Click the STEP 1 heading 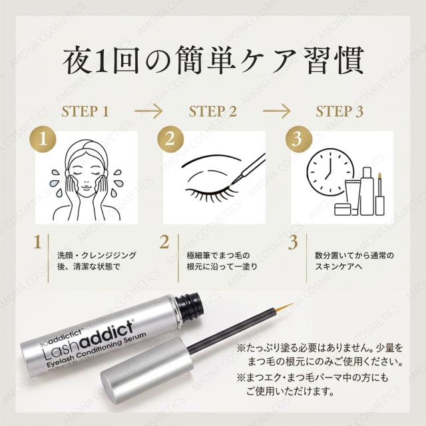pyautogui.click(x=85, y=111)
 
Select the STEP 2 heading pyautogui.click(x=213, y=111)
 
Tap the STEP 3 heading pyautogui.click(x=339, y=111)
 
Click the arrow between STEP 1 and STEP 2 pyautogui.click(x=148, y=111)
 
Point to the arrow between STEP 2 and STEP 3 pyautogui.click(x=276, y=111)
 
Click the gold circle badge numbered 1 pyautogui.click(x=43, y=139)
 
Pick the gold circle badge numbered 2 pyautogui.click(x=170, y=139)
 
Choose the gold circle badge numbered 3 pyautogui.click(x=298, y=139)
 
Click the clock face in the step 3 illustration pyautogui.click(x=330, y=172)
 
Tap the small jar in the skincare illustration pyautogui.click(x=343, y=210)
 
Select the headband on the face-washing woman pyautogui.click(x=85, y=149)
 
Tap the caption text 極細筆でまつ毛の pyautogui.click(x=218, y=256)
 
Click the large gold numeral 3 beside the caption pyautogui.click(x=293, y=242)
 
